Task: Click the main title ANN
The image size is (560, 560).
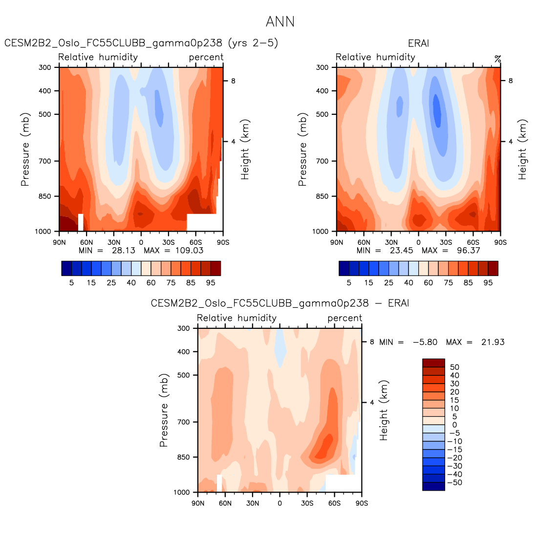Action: (280, 22)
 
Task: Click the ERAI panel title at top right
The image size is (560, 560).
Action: (418, 43)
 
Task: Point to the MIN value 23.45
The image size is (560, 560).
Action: (401, 250)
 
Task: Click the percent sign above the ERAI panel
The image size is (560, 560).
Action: (497, 59)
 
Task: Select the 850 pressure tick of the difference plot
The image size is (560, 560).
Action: (183, 457)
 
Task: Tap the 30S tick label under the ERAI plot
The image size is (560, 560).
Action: (446, 242)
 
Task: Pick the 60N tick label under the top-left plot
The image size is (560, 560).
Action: (86, 242)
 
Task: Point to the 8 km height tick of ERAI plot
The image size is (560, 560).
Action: (511, 81)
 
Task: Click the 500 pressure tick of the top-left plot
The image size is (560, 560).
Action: (45, 114)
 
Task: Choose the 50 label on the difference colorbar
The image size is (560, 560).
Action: (454, 367)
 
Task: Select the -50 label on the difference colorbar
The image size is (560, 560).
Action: (454, 483)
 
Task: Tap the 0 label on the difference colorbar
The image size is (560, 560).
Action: (454, 425)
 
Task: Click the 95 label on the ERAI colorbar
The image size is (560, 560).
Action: (488, 282)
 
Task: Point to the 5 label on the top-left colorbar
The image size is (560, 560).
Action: (71, 282)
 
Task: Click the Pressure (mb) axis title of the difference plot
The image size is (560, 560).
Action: (164, 410)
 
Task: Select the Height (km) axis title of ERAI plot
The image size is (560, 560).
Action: (523, 150)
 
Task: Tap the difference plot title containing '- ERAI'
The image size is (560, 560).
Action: (280, 303)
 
